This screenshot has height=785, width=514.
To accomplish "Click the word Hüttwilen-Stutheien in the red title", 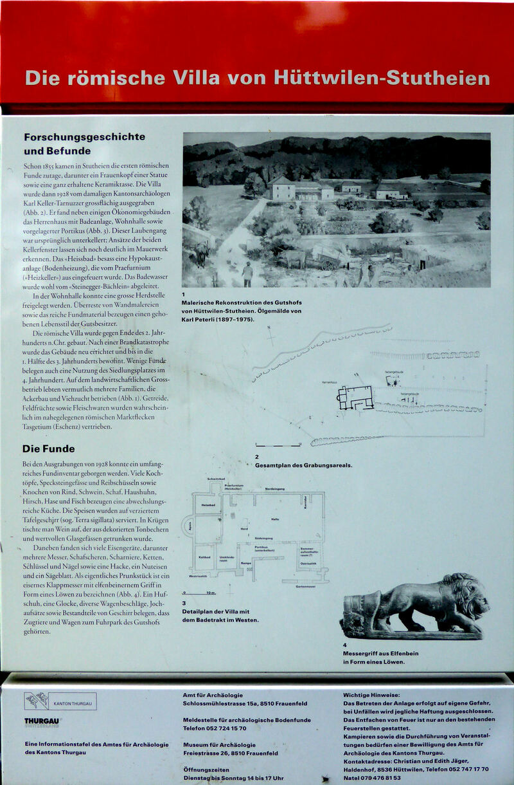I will tap(382, 78).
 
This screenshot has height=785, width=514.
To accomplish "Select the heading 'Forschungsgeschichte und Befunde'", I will tap(84, 143).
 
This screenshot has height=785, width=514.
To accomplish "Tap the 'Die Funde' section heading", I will tap(48, 448).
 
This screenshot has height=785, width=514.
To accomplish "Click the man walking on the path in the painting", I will tap(247, 273).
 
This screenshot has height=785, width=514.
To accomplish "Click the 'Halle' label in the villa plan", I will tap(275, 519).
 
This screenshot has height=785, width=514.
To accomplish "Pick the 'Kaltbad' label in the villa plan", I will tap(205, 557).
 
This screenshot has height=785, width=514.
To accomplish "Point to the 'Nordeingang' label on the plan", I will tap(275, 489).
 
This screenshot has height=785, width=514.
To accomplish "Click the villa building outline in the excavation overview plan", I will tap(355, 398).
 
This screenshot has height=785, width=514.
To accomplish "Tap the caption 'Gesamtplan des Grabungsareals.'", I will tap(303, 465).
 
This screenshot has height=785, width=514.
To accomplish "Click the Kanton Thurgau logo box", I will tap(60, 701).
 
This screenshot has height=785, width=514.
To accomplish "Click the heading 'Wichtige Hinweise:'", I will tap(371, 695).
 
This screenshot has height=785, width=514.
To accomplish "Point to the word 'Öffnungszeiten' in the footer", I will tap(206, 769).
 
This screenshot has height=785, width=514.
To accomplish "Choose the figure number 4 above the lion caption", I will tap(345, 645).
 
